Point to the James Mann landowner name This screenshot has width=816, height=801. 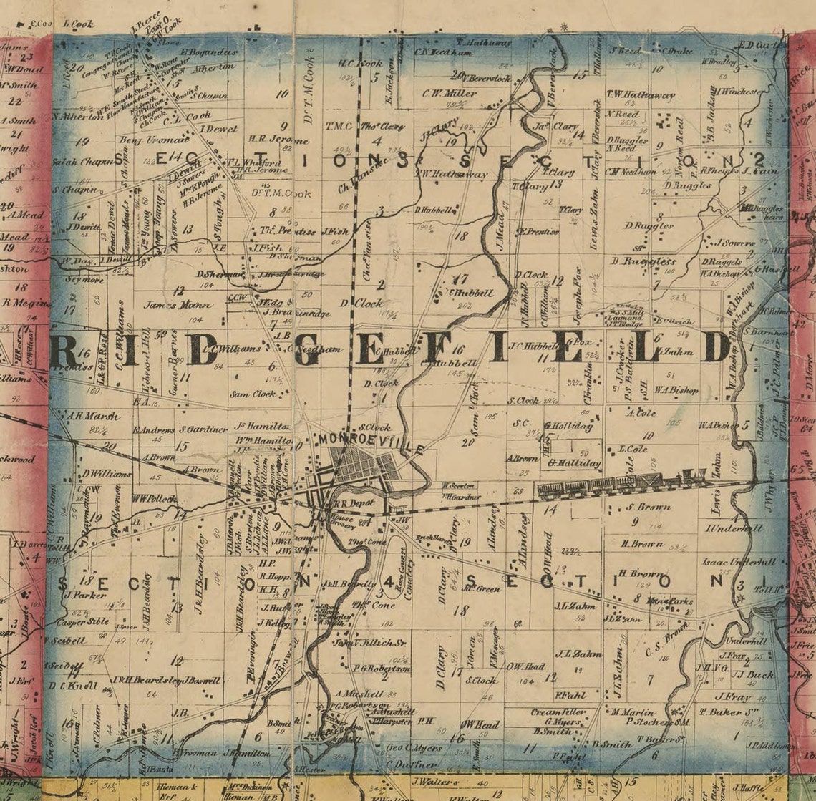172,304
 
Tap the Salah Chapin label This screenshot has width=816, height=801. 77,162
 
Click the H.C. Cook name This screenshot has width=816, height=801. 360,63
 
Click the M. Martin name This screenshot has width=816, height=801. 633,712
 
